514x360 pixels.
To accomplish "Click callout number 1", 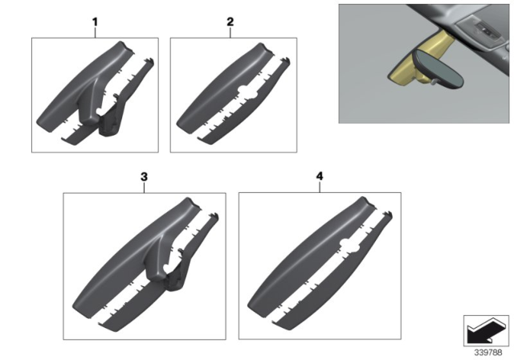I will tap(95, 22).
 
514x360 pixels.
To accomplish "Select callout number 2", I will tap(230, 22).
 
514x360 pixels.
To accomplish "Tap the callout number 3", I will tap(144, 175).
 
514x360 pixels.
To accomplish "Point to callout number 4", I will tap(320, 175).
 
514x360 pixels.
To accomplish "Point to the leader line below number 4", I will tap(320, 186).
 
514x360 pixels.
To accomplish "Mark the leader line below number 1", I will tap(95, 33).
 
